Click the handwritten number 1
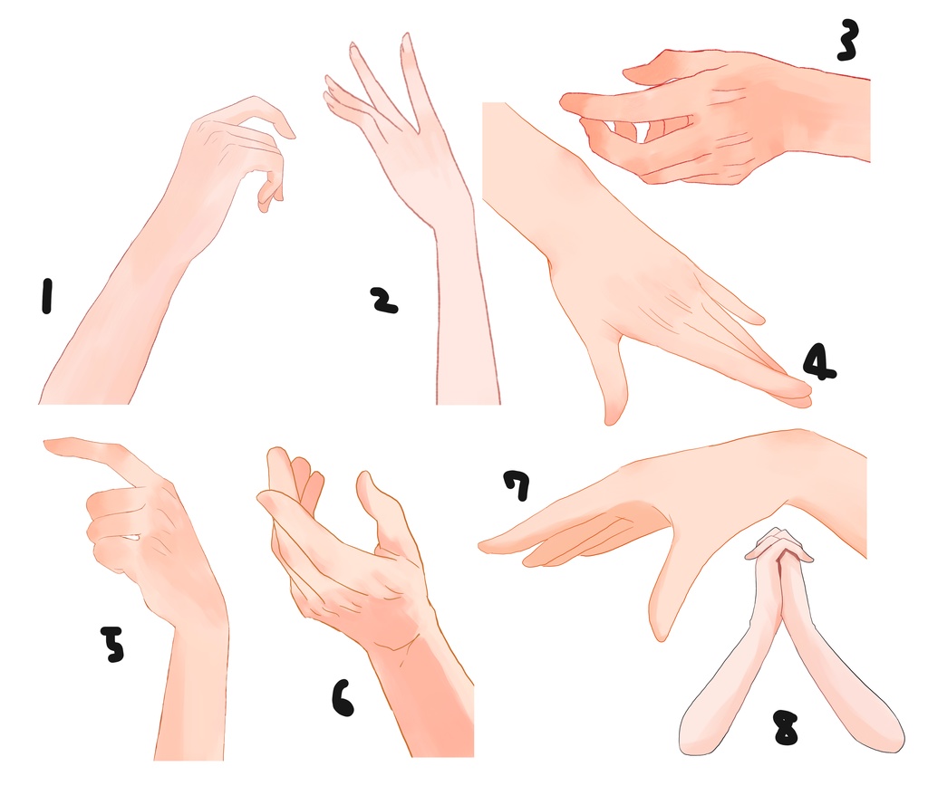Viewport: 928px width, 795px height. tap(46, 296)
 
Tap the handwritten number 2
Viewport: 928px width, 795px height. tap(383, 301)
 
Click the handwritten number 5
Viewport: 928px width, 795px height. tap(112, 644)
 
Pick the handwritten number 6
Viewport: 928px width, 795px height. tap(343, 698)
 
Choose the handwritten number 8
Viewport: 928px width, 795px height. tap(786, 728)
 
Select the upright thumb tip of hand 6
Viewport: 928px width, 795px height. tap(364, 477)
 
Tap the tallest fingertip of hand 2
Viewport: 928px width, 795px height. tap(406, 37)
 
